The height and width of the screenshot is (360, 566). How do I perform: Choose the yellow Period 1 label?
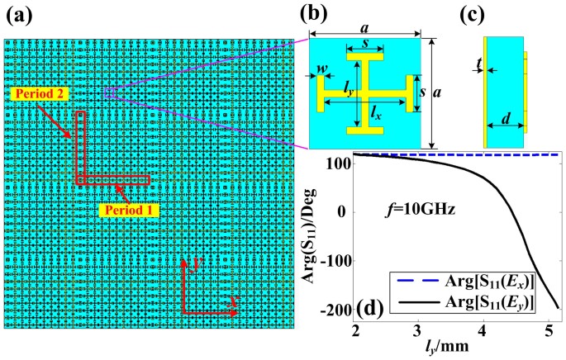(x=127, y=211)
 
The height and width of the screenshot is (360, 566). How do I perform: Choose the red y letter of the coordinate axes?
(x=191, y=264)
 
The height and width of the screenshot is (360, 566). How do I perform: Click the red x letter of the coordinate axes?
(x=234, y=304)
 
